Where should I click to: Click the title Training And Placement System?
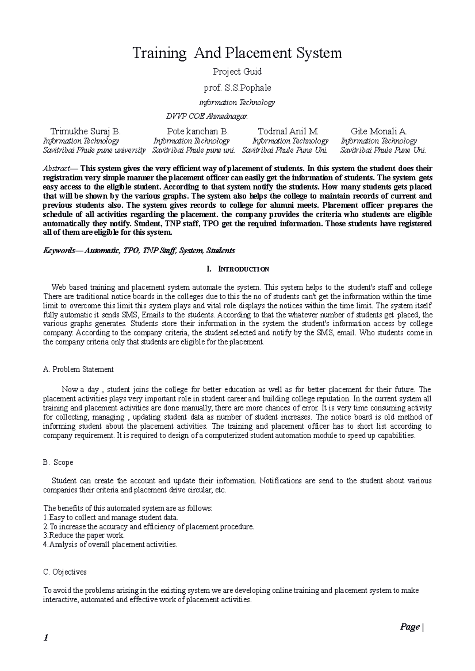tap(237, 53)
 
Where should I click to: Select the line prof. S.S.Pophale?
tap(237, 87)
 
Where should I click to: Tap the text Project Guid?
tap(237, 72)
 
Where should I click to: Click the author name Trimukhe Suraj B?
tap(85, 131)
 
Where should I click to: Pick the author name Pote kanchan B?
tap(198, 131)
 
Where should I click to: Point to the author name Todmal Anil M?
tap(288, 131)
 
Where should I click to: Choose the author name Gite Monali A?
tap(379, 131)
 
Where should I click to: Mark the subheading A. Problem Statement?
tap(78, 369)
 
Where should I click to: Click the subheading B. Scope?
tap(58, 462)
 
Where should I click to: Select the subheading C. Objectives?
tap(65, 572)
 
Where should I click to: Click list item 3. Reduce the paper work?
tap(84, 535)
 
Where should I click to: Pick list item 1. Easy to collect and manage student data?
tap(110, 517)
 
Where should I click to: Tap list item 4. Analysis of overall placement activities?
tap(110, 545)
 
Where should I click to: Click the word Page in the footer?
tap(409, 627)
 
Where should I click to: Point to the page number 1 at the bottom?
tap(46, 638)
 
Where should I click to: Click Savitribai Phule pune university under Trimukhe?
tap(94, 150)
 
